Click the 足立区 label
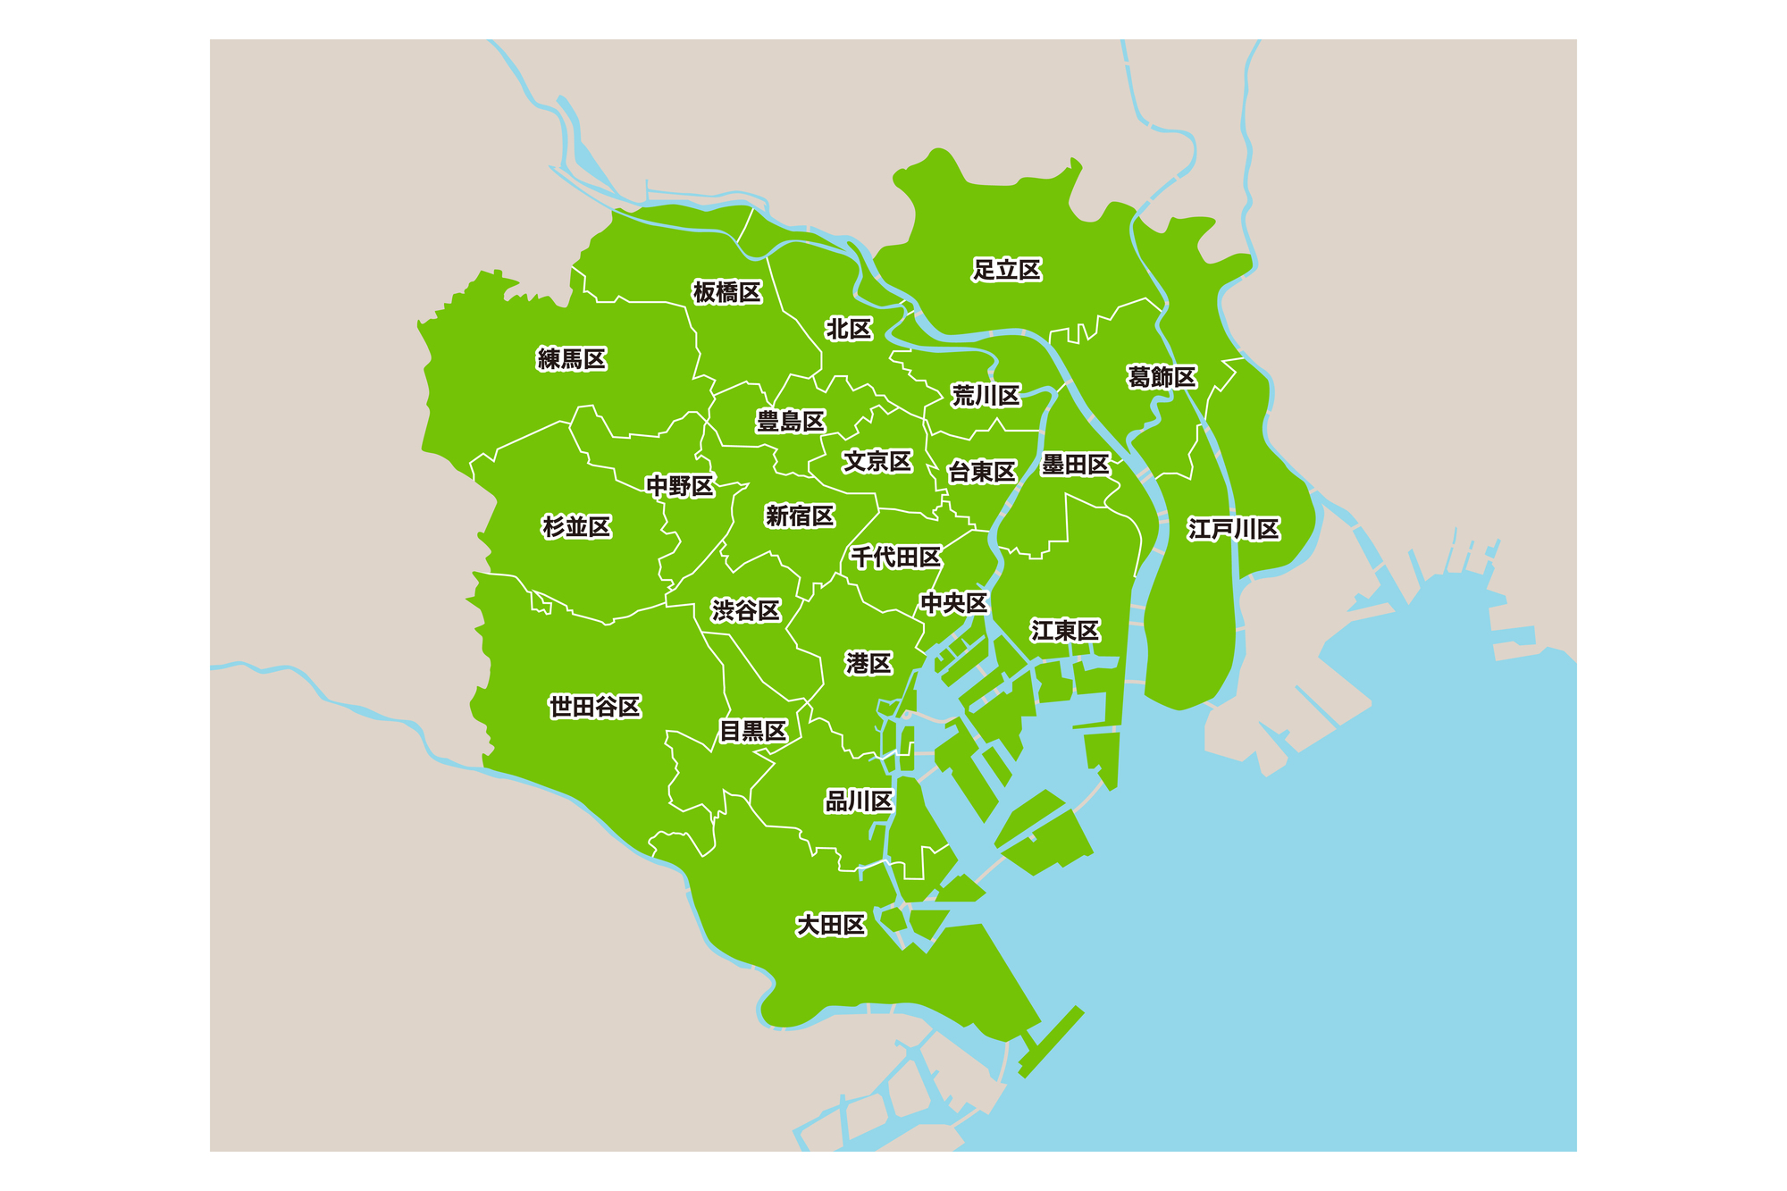tap(1007, 270)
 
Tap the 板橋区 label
tap(727, 292)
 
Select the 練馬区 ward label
tap(572, 359)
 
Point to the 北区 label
tap(848, 330)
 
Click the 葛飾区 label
tap(1162, 377)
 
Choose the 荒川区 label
tap(986, 396)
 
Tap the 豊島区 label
tap(791, 421)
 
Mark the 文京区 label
tap(877, 461)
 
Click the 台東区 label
tap(982, 472)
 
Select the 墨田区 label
tap(1075, 465)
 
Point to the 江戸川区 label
tap(1234, 529)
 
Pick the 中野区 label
tap(680, 486)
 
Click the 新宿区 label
tap(800, 516)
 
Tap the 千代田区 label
tap(895, 558)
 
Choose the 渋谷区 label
tap(746, 610)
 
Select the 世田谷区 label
tap(595, 707)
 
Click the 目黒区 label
tap(753, 731)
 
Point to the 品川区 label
tap(859, 801)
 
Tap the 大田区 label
tap(831, 925)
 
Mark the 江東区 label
tap(1065, 631)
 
